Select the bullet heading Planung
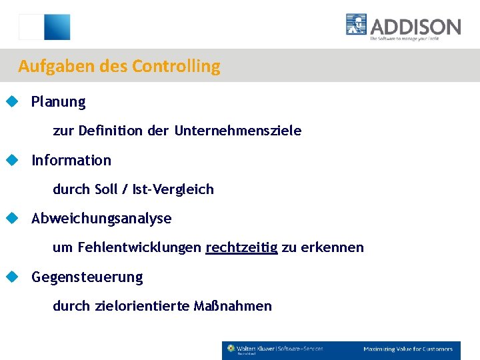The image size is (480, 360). tap(59, 102)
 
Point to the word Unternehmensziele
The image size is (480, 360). tap(238, 131)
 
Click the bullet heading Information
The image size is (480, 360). tap(71, 160)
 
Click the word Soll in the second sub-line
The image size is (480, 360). tap(106, 189)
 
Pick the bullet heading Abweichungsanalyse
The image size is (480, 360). tap(101, 219)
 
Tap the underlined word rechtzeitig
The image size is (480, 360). tap(241, 248)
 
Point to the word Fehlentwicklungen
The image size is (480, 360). tap(139, 247)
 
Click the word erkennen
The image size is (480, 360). tap(332, 247)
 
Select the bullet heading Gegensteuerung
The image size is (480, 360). tap(87, 277)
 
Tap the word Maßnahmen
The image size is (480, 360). tap(233, 306)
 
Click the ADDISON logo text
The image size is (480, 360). tap(415, 27)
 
